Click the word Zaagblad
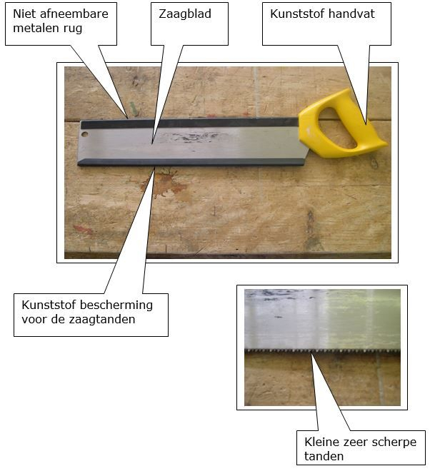click(x=185, y=14)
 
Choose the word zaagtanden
click(x=102, y=319)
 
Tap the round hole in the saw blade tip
click(x=85, y=133)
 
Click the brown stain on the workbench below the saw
click(x=166, y=184)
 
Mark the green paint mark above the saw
click(x=133, y=108)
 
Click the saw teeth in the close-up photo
click(x=322, y=350)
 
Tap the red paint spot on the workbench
click(x=83, y=230)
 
